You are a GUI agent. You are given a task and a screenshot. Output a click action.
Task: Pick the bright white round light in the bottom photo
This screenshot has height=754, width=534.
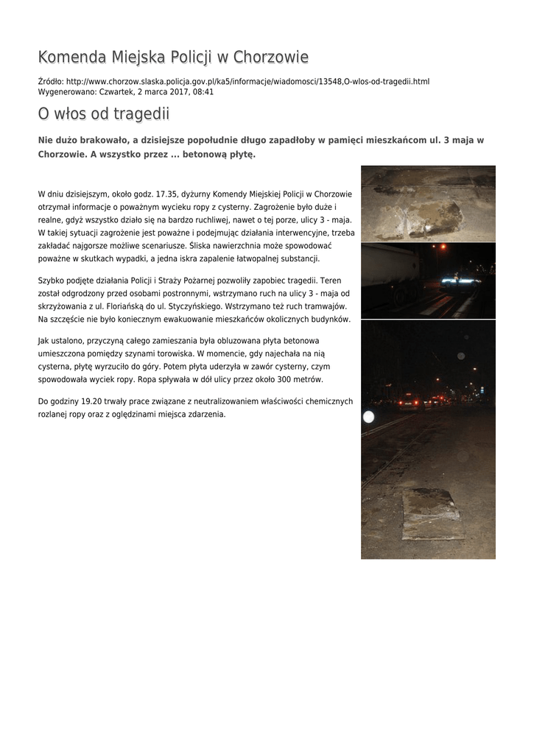(x=369, y=417)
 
